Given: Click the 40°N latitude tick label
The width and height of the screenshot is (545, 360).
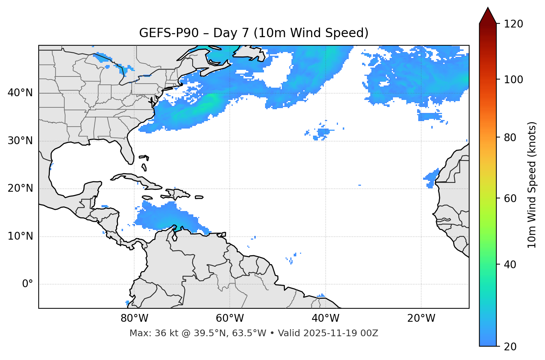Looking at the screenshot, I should point(20,93).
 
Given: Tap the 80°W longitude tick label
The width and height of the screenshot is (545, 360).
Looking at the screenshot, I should point(134,319).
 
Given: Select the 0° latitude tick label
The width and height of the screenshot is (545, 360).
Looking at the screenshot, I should point(28,284).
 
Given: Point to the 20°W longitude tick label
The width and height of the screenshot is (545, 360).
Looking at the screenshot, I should point(421,319).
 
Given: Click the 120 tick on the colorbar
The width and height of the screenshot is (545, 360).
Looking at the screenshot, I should point(514,24).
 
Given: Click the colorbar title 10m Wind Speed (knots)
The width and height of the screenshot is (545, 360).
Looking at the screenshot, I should point(532,185).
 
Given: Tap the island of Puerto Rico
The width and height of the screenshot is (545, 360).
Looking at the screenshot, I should point(199,197).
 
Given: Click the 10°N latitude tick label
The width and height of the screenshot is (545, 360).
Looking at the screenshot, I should point(20,237).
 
